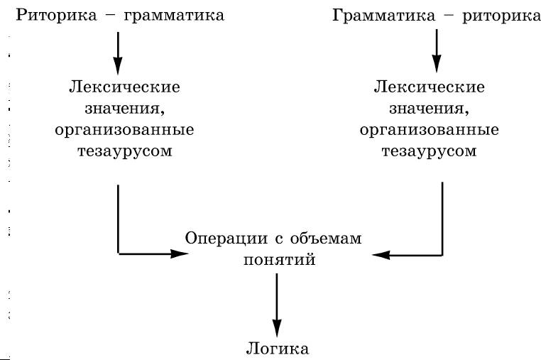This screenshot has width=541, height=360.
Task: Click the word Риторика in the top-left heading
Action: coord(57,16)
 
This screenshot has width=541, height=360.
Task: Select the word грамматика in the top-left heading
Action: coord(174,16)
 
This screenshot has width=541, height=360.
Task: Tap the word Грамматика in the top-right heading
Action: coord(383,16)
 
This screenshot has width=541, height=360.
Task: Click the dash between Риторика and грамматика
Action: coord(111,16)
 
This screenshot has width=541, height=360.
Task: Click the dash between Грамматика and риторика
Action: coord(449,16)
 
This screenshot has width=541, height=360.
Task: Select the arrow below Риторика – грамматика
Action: coord(118,53)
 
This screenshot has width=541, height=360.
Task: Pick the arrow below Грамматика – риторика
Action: coord(437,50)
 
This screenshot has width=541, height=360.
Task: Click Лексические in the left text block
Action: coord(124,87)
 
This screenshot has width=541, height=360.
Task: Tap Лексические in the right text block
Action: coord(430,87)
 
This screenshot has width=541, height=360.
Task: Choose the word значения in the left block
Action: coord(122,109)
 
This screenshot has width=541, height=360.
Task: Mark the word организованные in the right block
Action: coord(430,131)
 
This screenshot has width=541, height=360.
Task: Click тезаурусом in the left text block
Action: coord(124,151)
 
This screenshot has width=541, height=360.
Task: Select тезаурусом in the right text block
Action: coord(430,151)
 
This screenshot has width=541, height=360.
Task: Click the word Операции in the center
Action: coord(226,239)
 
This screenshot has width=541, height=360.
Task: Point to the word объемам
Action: coord(326,238)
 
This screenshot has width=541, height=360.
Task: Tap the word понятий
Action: coord(280,260)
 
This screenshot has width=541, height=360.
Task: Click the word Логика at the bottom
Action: coord(278,349)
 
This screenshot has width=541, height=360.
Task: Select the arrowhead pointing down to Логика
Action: coord(277,328)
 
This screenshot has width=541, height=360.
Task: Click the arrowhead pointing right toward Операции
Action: coord(180,253)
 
